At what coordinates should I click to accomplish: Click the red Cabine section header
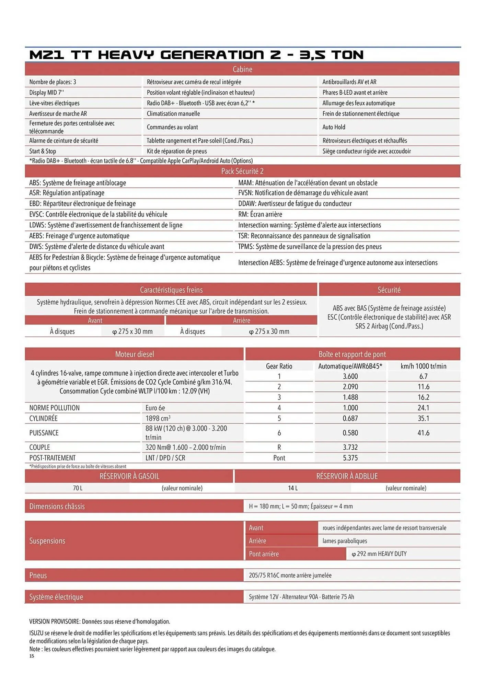[x=242, y=69]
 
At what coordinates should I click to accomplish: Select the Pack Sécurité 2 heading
[x=242, y=171]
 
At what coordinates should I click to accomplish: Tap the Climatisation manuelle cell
[x=173, y=114]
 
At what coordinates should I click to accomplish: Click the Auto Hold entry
[x=334, y=127]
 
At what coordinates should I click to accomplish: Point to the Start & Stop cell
[x=43, y=151]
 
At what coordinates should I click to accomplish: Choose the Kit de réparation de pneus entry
[x=177, y=151]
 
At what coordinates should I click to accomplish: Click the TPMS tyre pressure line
[x=310, y=247]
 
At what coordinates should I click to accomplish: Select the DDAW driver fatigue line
[x=295, y=203]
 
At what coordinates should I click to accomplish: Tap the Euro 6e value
[x=155, y=408]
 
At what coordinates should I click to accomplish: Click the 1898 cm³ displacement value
[x=158, y=418]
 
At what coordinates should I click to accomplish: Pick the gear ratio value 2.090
[x=350, y=387]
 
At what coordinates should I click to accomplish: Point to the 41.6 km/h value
[x=423, y=433]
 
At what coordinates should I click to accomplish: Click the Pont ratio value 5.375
[x=350, y=458]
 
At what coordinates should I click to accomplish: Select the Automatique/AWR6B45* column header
[x=350, y=366]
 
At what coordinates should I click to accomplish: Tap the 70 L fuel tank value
[x=78, y=488]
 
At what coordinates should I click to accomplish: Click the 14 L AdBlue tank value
[x=293, y=488]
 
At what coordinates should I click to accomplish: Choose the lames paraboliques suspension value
[x=345, y=541]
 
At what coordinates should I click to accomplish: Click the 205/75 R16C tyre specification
[x=290, y=575]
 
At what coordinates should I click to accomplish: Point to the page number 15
[x=32, y=656]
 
